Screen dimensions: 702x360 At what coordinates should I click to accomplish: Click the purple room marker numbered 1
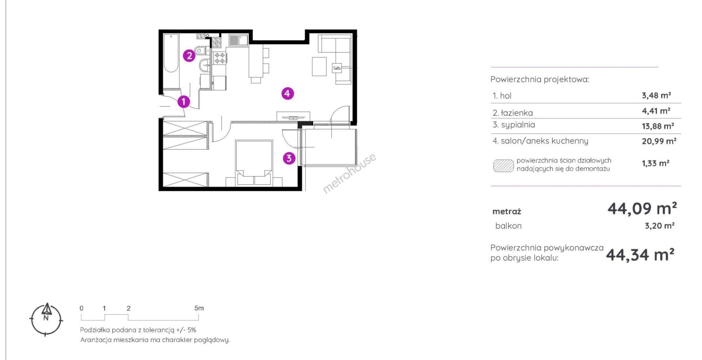tap(184, 102)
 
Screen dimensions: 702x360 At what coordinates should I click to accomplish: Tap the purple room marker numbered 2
tap(189, 56)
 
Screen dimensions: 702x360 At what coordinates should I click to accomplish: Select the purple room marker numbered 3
tap(289, 158)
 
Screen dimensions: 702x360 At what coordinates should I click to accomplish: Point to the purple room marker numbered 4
tap(287, 94)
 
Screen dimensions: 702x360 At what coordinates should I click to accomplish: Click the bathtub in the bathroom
tap(171, 53)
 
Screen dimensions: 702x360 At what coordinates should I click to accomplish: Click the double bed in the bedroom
tap(254, 163)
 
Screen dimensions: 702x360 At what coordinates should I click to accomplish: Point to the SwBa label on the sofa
tap(337, 68)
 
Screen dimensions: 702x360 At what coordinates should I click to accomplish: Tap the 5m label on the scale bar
tap(199, 308)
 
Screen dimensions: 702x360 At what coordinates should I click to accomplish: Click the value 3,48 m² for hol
tap(656, 95)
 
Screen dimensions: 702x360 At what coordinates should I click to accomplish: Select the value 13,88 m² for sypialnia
tap(658, 126)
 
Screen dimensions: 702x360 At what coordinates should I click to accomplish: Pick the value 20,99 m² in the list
tap(659, 141)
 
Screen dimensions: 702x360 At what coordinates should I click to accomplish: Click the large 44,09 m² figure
tap(642, 209)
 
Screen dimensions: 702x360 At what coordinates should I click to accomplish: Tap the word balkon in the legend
tap(508, 226)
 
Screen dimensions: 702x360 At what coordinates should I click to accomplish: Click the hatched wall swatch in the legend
tap(503, 165)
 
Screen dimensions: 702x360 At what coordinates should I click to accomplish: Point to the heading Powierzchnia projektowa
tap(540, 79)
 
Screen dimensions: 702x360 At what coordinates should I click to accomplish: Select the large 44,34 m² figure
tap(640, 255)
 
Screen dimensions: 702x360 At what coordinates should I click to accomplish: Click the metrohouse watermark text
tap(349, 173)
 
